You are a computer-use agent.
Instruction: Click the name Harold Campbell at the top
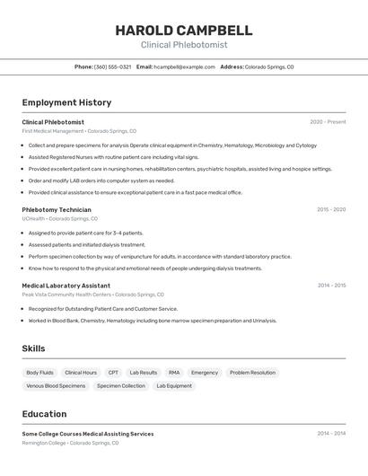click(x=184, y=31)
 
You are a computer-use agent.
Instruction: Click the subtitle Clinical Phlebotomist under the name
click(x=184, y=45)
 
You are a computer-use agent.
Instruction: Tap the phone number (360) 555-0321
click(x=112, y=66)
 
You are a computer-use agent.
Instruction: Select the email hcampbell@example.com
click(x=184, y=66)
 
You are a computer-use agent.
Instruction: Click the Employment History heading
click(x=66, y=102)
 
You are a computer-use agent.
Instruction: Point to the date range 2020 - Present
click(x=328, y=122)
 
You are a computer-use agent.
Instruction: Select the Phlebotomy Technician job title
click(x=57, y=209)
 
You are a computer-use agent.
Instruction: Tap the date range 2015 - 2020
click(x=330, y=209)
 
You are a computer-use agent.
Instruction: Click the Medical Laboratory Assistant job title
click(x=66, y=286)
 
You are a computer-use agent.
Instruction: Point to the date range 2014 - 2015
click(x=330, y=286)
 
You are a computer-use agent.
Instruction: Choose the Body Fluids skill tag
click(x=39, y=372)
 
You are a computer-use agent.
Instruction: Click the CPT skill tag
click(x=113, y=372)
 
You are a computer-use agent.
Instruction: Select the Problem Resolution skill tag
click(x=252, y=372)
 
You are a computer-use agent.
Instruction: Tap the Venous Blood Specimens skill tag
click(x=56, y=385)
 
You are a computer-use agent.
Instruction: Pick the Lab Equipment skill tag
click(x=174, y=385)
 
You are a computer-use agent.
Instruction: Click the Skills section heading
click(x=33, y=348)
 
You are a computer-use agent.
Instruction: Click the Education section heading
click(x=44, y=414)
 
